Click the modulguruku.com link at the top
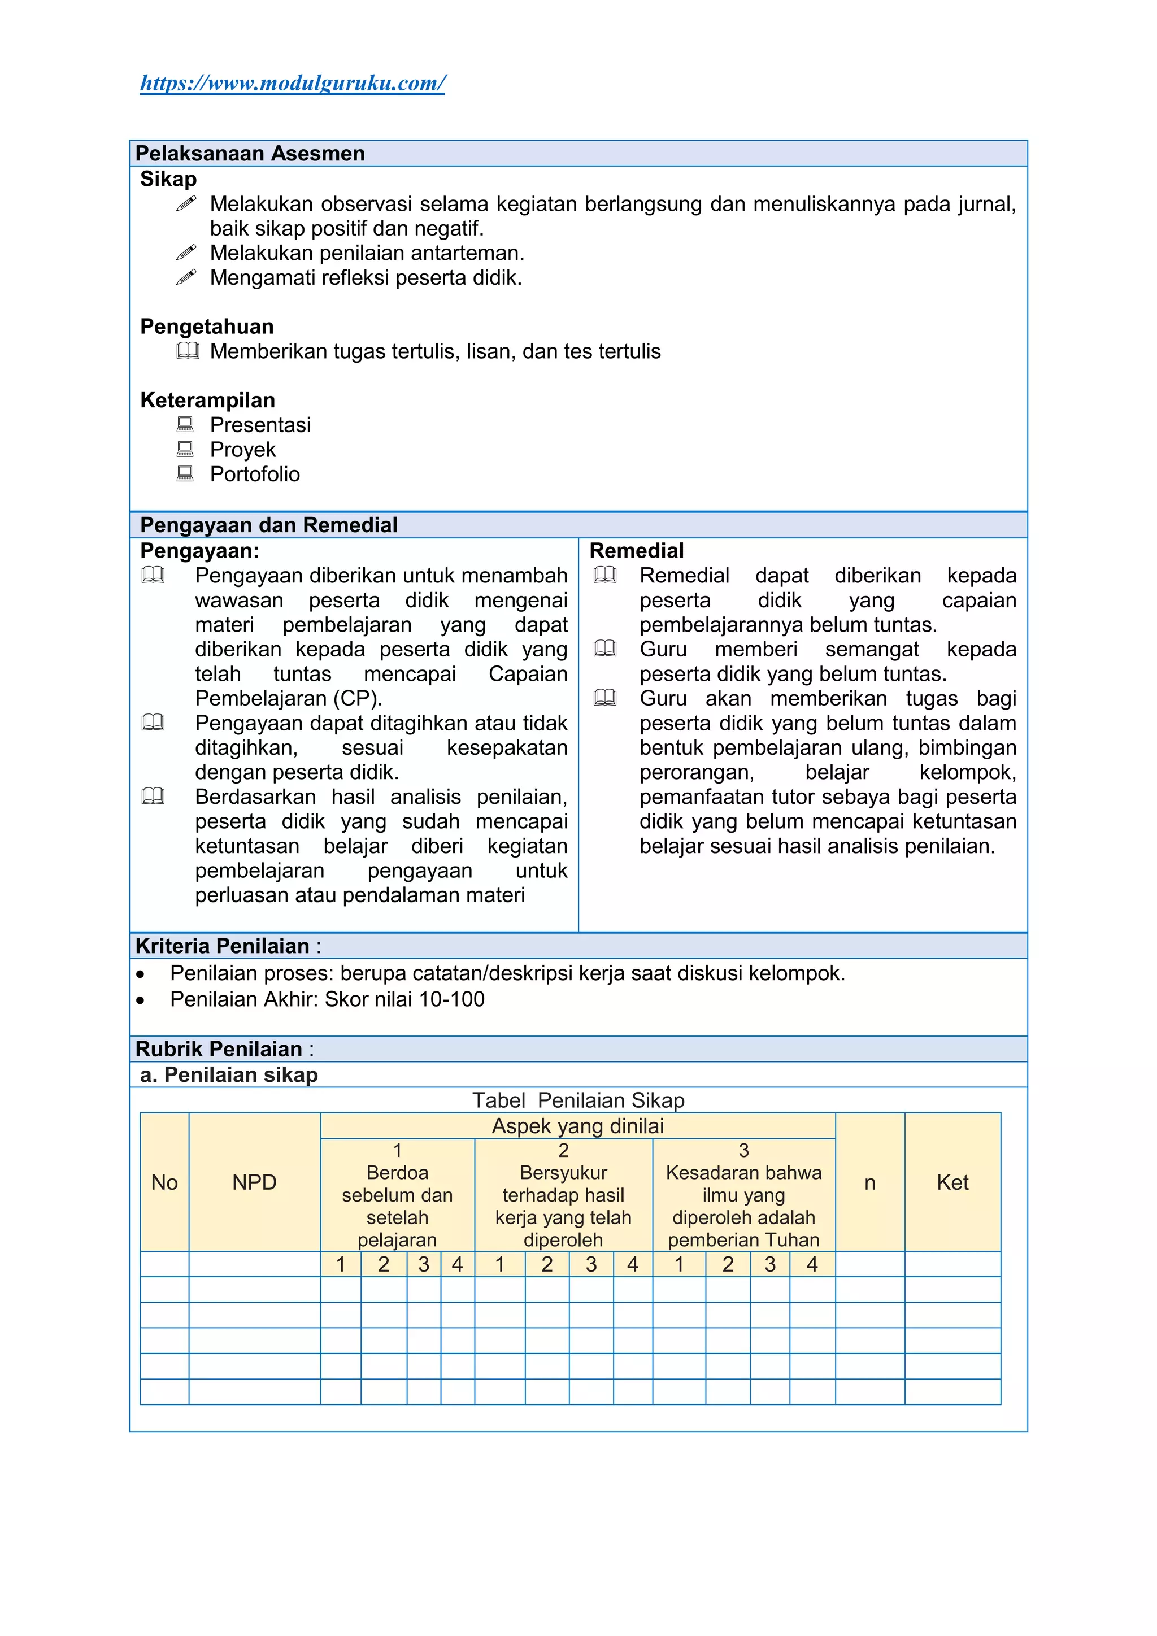(x=292, y=84)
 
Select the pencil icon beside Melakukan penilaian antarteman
(x=186, y=253)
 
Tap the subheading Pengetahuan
(x=207, y=327)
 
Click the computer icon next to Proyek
(x=185, y=449)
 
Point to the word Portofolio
(x=254, y=474)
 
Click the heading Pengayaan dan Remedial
(x=268, y=525)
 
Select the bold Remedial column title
(x=636, y=551)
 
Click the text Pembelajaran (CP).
(x=289, y=698)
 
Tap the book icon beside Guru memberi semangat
(x=605, y=649)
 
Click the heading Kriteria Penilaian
(x=222, y=946)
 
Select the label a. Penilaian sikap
(x=229, y=1074)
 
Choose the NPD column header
(x=254, y=1182)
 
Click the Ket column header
(x=952, y=1182)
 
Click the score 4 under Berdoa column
(x=458, y=1264)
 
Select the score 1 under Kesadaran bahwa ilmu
(x=679, y=1264)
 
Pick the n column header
(x=869, y=1182)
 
